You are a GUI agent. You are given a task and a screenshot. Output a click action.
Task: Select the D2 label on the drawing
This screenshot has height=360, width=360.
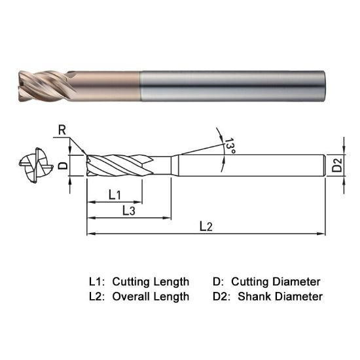click(336, 165)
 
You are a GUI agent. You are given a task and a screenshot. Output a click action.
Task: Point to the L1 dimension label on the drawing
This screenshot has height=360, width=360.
click(114, 194)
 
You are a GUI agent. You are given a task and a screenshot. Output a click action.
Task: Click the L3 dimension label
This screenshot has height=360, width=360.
click(128, 211)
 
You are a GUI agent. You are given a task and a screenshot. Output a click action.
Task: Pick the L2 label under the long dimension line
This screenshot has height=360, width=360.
click(206, 226)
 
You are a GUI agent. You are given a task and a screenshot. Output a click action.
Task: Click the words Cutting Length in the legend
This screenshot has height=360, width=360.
click(151, 281)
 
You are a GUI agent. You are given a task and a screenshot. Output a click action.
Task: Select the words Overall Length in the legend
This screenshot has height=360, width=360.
click(151, 297)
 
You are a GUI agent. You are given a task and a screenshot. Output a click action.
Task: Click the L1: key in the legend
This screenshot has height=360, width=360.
click(97, 281)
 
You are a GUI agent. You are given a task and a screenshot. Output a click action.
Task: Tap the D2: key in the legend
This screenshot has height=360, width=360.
click(222, 297)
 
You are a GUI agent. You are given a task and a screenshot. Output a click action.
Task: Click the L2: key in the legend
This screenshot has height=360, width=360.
click(97, 297)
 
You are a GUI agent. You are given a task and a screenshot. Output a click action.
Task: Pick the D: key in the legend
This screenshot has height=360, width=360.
click(218, 281)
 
